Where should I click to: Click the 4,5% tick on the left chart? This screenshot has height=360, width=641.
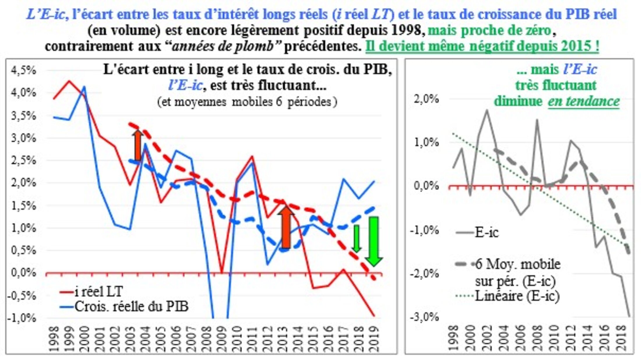23,70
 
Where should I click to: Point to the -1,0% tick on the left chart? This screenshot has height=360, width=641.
22,318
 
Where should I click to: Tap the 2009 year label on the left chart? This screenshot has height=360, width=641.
222,339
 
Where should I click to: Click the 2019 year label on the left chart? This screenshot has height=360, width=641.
374,339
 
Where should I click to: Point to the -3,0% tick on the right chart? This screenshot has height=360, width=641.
424,317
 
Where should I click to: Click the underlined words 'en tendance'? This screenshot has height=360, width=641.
584,101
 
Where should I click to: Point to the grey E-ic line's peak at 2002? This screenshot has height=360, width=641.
487,110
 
